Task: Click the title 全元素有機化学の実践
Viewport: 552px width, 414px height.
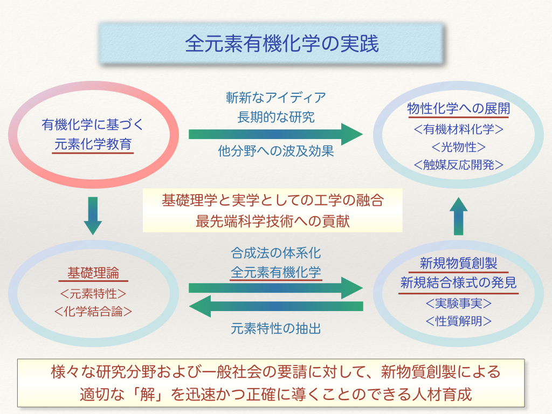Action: [281, 44]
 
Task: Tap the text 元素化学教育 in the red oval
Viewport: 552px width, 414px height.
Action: [93, 144]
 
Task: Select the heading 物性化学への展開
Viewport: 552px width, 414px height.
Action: [458, 108]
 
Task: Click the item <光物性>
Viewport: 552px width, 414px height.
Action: [458, 147]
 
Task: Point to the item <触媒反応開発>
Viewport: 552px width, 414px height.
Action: [458, 165]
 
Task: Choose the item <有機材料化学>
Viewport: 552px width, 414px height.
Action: [458, 129]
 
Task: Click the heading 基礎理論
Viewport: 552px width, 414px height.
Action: [93, 273]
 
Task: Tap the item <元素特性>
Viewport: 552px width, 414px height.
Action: [93, 294]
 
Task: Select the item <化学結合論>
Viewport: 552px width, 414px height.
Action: [93, 311]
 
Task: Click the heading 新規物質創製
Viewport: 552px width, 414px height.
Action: [458, 263]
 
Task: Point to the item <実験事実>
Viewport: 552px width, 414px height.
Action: [458, 303]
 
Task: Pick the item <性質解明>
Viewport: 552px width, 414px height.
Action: [458, 321]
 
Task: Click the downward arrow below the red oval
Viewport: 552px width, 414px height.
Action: [93, 216]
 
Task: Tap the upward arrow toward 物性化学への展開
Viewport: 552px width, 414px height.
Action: [458, 216]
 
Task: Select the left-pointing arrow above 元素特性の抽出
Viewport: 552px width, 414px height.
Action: [276, 306]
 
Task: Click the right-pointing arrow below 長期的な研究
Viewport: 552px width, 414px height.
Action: [276, 134]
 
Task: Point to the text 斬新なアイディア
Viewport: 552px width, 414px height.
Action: [276, 98]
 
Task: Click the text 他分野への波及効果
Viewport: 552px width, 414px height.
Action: [276, 151]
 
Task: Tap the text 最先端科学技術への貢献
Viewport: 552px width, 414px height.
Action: [273, 222]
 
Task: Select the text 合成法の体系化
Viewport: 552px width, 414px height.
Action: [276, 253]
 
